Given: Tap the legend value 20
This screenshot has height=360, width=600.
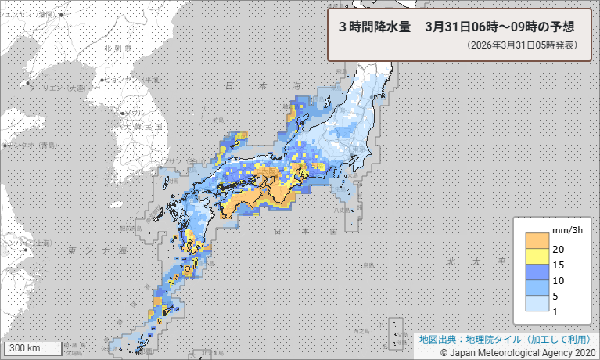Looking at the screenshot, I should click(x=559, y=249).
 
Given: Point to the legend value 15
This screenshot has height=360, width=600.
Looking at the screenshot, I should click(x=559, y=265).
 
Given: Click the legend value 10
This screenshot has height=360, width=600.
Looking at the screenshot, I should click(x=559, y=280).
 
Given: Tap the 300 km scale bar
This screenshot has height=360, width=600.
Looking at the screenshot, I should click(x=32, y=347).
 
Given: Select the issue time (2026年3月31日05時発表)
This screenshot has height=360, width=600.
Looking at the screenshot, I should click(x=521, y=45).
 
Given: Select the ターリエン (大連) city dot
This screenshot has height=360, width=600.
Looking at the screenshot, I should click(x=27, y=83).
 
